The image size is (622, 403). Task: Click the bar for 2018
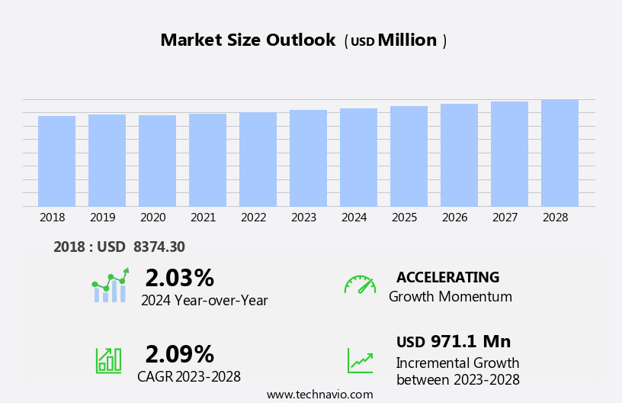pyautogui.click(x=56, y=161)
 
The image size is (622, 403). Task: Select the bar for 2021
pyautogui.click(x=207, y=160)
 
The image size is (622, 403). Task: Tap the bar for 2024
pyautogui.click(x=358, y=157)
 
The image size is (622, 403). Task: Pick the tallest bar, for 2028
pyautogui.click(x=559, y=153)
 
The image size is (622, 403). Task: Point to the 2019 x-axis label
pyautogui.click(x=102, y=218)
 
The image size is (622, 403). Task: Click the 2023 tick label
pyautogui.click(x=303, y=218)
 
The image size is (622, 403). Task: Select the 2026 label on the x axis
pyautogui.click(x=454, y=218)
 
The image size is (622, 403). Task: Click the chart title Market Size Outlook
pyautogui.click(x=248, y=40)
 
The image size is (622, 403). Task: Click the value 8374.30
pyautogui.click(x=159, y=247)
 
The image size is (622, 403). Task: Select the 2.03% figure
pyautogui.click(x=179, y=278)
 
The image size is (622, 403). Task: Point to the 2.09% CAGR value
pyautogui.click(x=179, y=354)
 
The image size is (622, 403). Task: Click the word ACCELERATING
pyautogui.click(x=447, y=277)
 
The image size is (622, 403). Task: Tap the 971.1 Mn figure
pyautogui.click(x=470, y=341)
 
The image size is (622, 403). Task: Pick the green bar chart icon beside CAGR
pyautogui.click(x=108, y=359)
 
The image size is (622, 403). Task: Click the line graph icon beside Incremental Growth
pyautogui.click(x=360, y=360)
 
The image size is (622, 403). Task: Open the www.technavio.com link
pyautogui.click(x=319, y=395)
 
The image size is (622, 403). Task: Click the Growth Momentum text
pyautogui.click(x=450, y=297)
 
